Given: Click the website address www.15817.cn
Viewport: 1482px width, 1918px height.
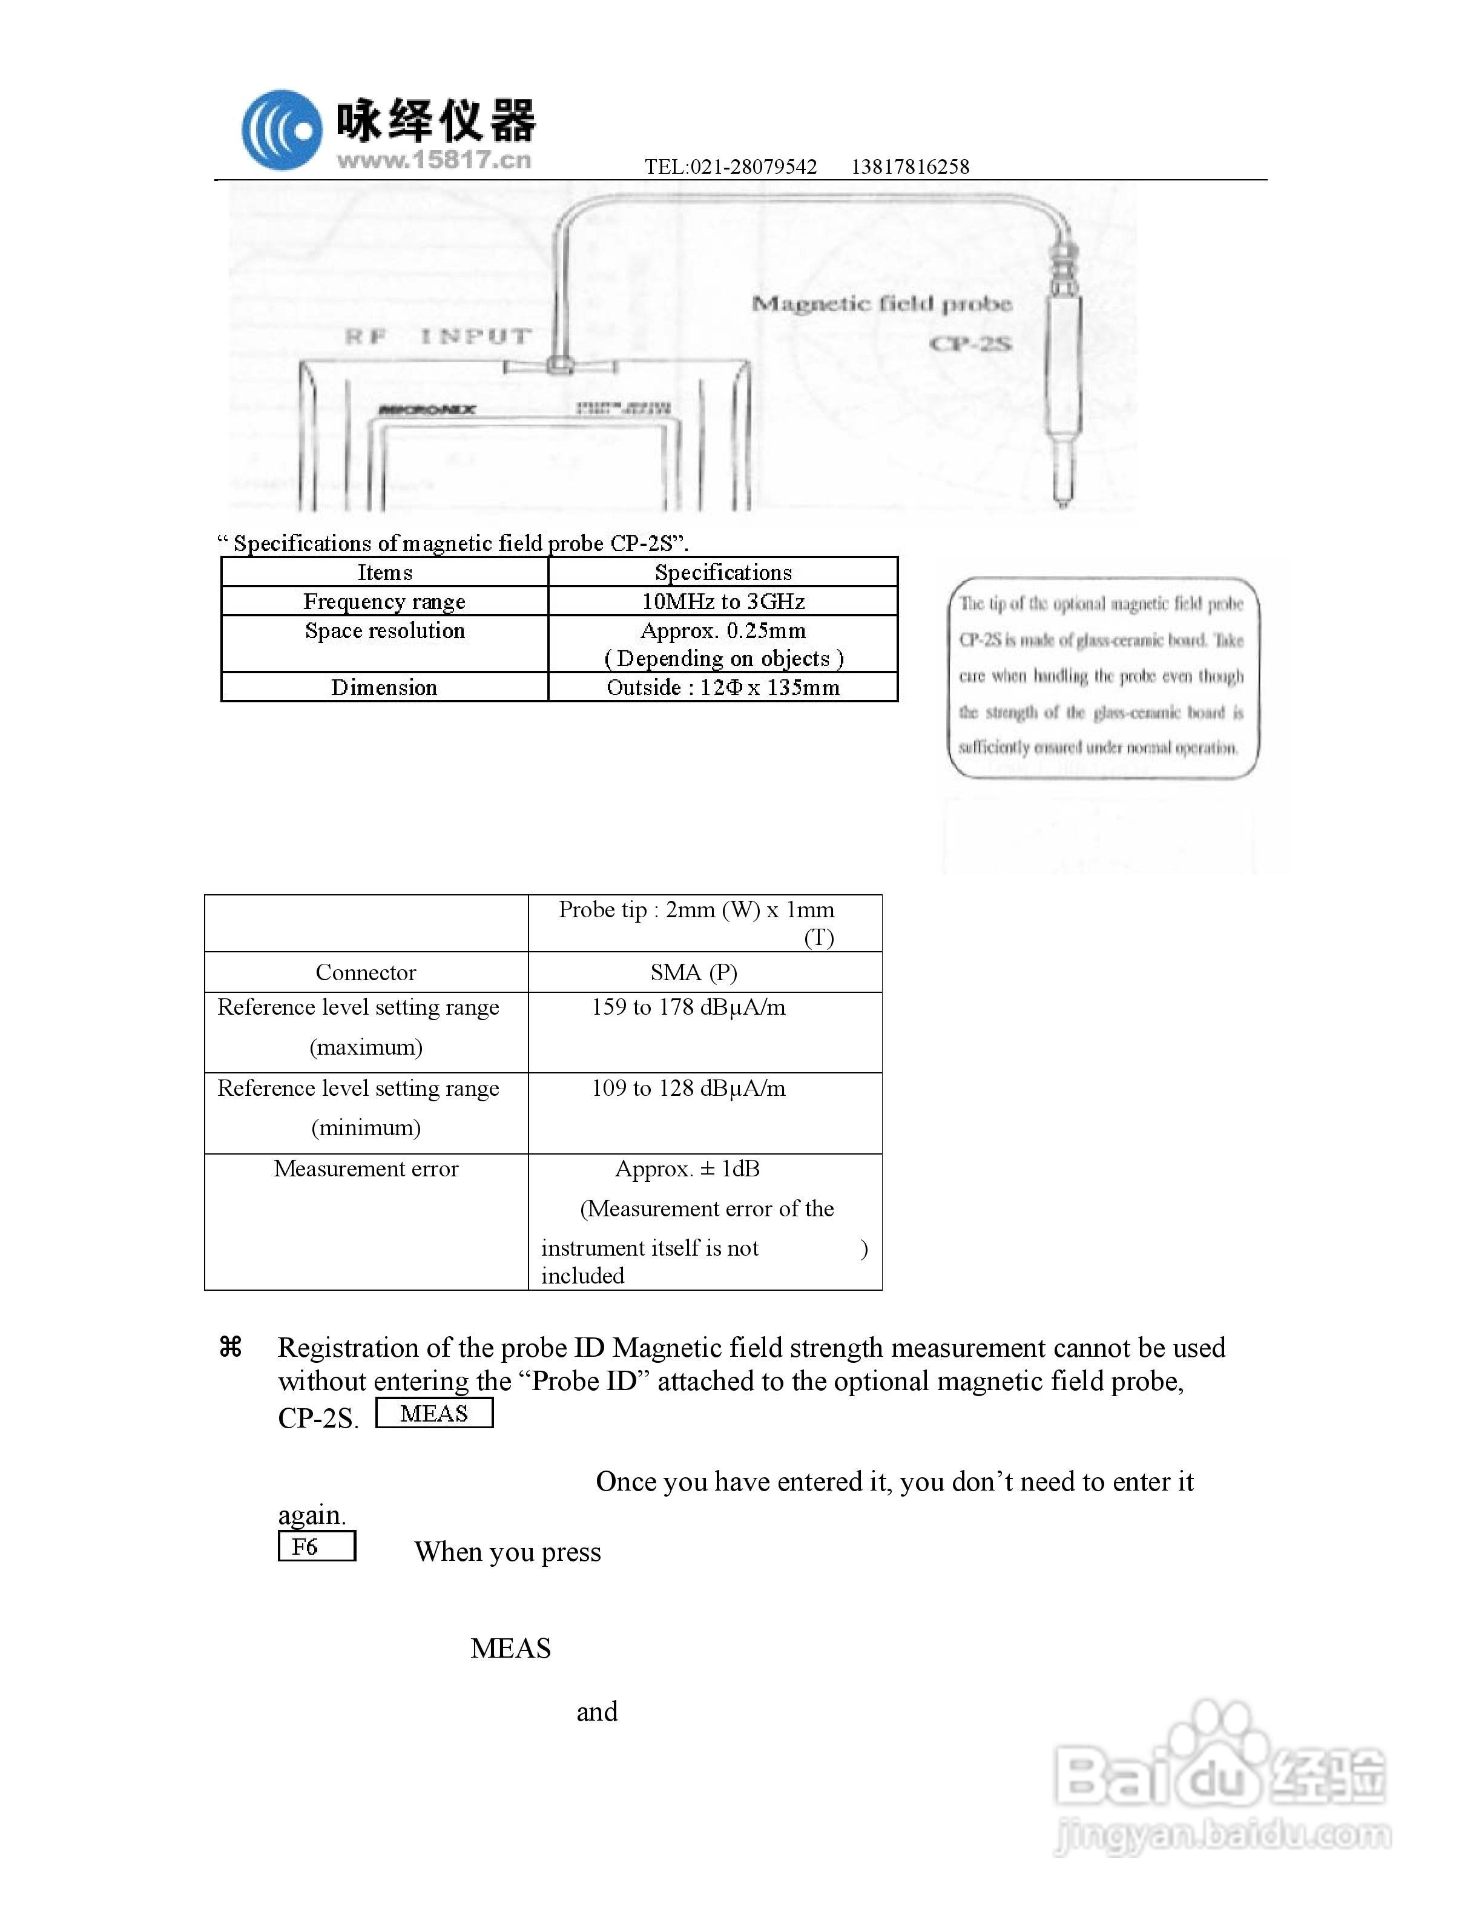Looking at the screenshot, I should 433,160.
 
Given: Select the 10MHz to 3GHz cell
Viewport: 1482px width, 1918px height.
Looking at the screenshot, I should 723,602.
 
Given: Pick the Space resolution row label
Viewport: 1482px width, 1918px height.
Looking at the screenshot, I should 384,630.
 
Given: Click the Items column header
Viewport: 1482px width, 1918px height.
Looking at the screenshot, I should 384,573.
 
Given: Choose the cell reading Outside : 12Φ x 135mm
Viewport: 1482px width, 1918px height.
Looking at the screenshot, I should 723,688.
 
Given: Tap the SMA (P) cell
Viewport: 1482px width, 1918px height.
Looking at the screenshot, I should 694,972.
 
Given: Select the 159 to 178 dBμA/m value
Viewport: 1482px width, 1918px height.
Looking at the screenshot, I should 688,1007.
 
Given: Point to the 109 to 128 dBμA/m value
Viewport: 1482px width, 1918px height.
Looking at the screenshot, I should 688,1088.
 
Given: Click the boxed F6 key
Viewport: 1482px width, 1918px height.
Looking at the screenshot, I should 316,1546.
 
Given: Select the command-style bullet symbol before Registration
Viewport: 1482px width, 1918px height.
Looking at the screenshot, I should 231,1346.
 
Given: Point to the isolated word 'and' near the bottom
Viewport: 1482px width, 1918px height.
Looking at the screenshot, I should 597,1712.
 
